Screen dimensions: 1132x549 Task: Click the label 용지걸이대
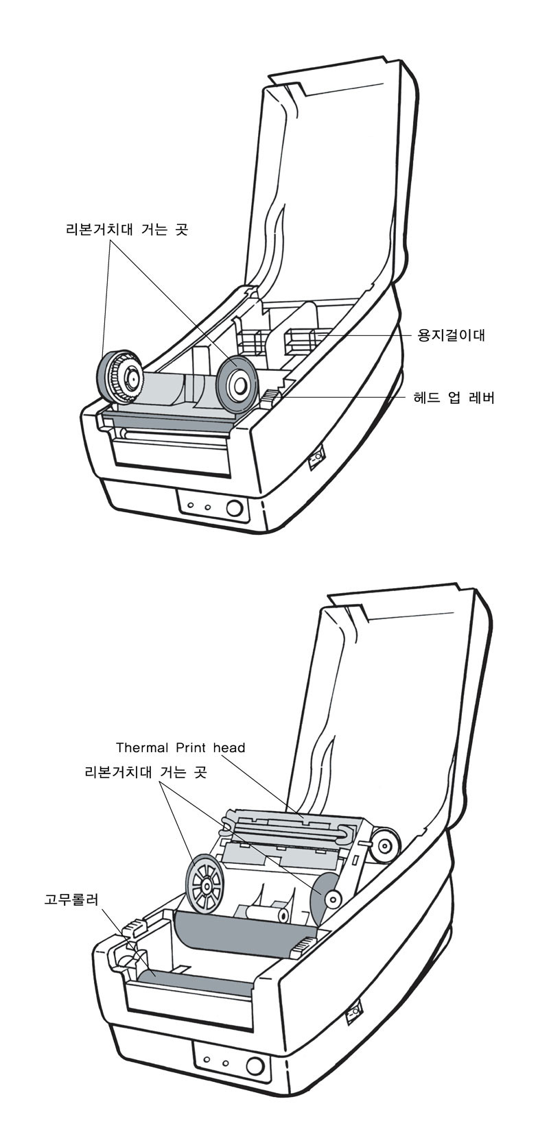[452, 336]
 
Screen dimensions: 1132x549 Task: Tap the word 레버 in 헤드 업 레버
[481, 397]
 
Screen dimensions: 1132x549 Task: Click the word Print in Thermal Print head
[191, 747]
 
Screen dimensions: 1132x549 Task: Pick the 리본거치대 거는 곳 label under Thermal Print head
[145, 772]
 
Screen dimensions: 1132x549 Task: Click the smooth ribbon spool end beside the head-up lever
[236, 385]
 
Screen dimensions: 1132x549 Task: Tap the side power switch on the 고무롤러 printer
[355, 1012]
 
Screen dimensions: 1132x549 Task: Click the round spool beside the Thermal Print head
[384, 845]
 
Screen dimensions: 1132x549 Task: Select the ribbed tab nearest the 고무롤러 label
[133, 929]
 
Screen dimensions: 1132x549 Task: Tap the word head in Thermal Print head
[229, 747]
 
